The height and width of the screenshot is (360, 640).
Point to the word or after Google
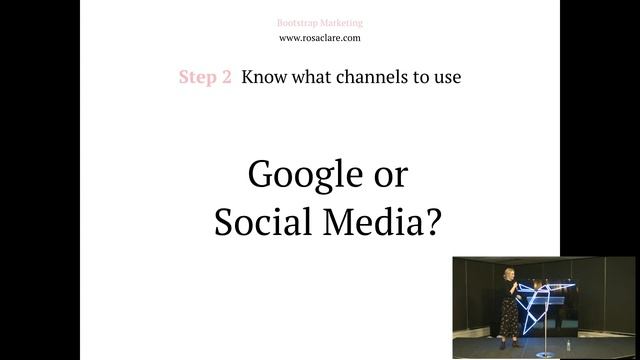(390, 175)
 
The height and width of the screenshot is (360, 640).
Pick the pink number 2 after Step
(226, 77)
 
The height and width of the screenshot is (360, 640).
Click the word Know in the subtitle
(261, 77)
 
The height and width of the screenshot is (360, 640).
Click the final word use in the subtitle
(446, 77)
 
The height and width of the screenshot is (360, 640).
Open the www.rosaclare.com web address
(320, 38)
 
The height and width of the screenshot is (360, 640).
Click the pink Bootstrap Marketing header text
(320, 22)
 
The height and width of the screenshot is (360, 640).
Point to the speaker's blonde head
(510, 273)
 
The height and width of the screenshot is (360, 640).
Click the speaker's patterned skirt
(510, 315)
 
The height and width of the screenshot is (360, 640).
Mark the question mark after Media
(430, 221)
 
